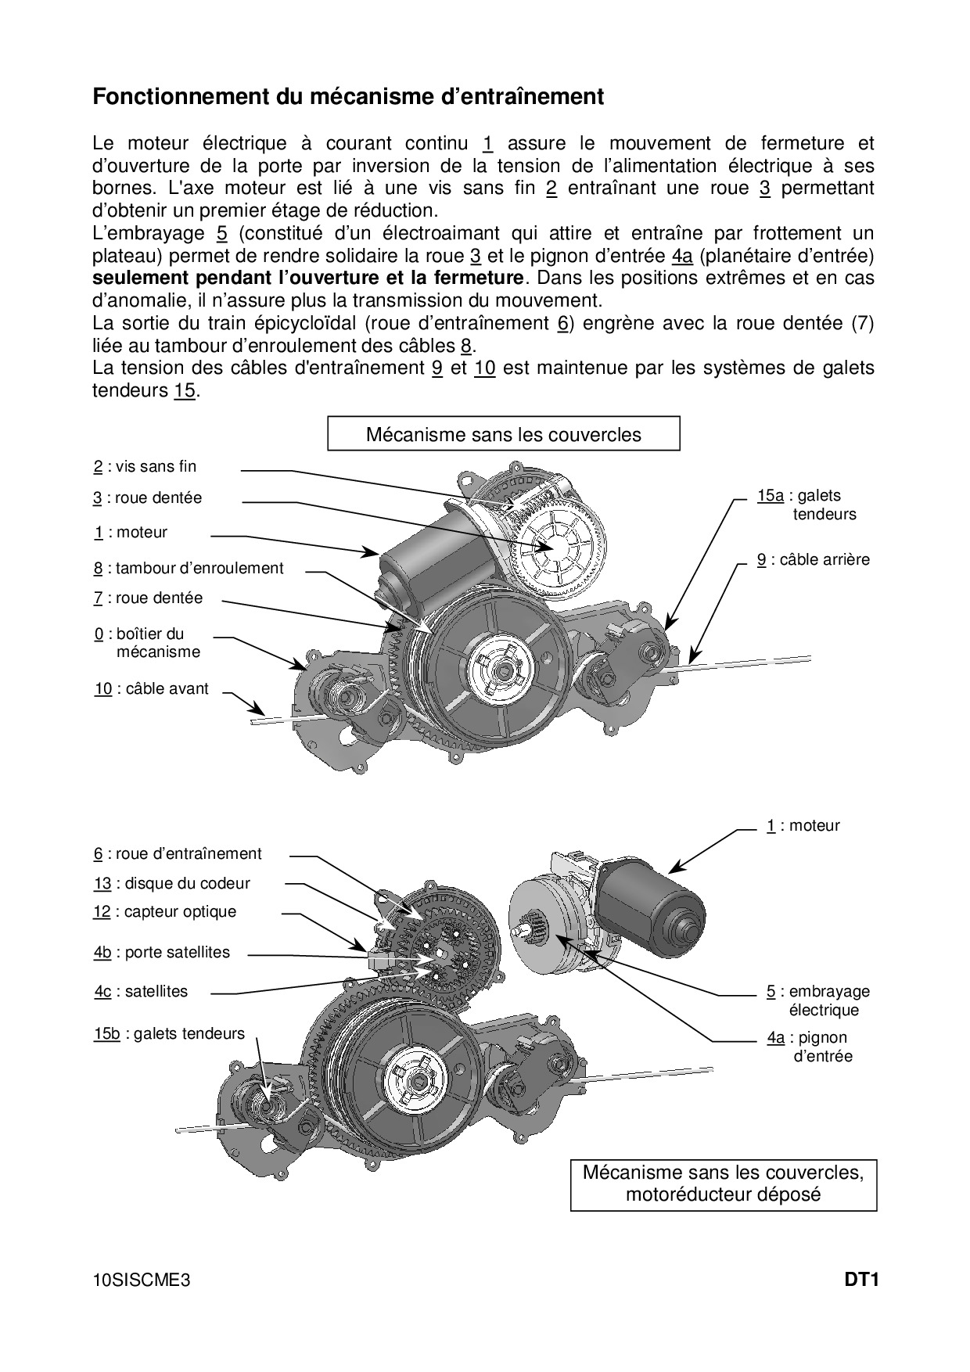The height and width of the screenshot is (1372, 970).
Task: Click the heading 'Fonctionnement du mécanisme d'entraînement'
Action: pyautogui.click(x=348, y=97)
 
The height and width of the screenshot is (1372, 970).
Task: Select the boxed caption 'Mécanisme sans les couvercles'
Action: pyautogui.click(x=503, y=435)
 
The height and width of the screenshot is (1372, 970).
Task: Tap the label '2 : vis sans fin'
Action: pyautogui.click(x=145, y=467)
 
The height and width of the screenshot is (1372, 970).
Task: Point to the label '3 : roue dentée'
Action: pyautogui.click(x=148, y=498)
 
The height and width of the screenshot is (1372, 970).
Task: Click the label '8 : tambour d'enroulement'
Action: pyautogui.click(x=189, y=569)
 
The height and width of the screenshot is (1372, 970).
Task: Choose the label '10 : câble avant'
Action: pyautogui.click(x=152, y=689)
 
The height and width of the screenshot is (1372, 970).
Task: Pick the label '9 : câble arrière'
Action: pyautogui.click(x=813, y=560)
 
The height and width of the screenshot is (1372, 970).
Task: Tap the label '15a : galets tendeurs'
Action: pyautogui.click(x=807, y=505)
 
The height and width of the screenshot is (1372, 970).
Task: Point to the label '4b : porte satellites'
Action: pyautogui.click(x=162, y=953)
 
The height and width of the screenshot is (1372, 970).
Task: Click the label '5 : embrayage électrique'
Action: pyautogui.click(x=818, y=1000)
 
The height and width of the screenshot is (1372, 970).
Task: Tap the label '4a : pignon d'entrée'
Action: pyautogui.click(x=809, y=1047)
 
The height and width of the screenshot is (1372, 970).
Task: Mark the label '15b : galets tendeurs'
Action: pyautogui.click(x=169, y=1034)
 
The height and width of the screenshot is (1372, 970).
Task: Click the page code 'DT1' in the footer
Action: pyautogui.click(x=861, y=1280)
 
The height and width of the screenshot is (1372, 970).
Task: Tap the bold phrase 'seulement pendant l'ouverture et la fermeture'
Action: pyautogui.click(x=308, y=278)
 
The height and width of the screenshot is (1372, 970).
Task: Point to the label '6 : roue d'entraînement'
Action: pyautogui.click(x=178, y=854)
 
